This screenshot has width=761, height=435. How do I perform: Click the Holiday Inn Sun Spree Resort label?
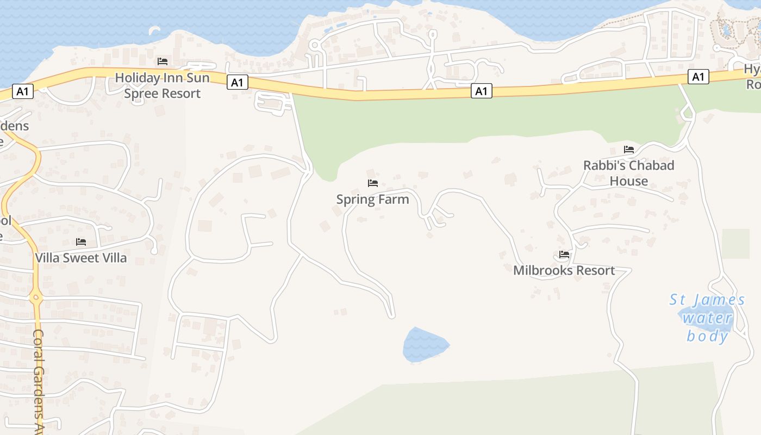(162, 85)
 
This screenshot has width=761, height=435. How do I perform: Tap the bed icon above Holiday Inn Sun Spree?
(162, 61)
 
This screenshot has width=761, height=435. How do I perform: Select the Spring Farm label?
(372, 200)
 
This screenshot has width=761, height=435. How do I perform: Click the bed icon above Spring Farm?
(372, 183)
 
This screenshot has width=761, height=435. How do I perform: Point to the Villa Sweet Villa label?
(81, 258)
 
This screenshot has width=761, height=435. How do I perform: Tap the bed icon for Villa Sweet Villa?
(81, 242)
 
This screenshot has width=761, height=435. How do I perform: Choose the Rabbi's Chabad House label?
(628, 173)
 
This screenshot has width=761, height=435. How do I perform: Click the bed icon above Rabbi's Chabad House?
(629, 150)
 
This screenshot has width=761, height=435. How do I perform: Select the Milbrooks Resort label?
(564, 270)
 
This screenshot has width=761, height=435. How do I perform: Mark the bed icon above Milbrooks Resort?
(564, 254)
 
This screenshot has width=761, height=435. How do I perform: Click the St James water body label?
(707, 318)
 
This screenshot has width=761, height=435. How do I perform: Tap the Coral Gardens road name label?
(38, 381)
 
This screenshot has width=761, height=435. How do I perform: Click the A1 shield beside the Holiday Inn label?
(236, 82)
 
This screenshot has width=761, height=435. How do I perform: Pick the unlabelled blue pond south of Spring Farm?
(425, 345)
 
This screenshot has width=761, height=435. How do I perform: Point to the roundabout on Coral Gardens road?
(36, 297)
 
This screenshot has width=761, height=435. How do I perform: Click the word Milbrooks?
(541, 270)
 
